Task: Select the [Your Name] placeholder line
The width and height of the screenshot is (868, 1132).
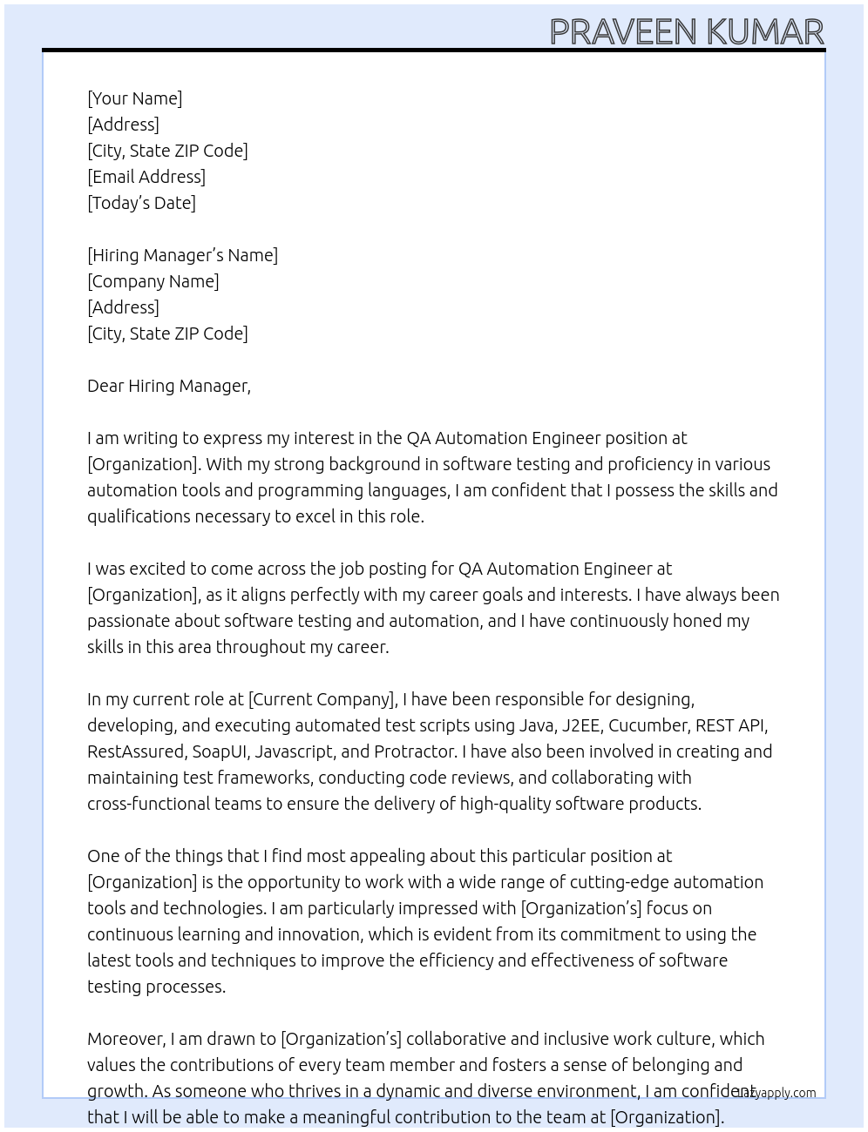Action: [x=135, y=98]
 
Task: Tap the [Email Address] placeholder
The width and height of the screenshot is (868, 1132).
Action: [x=146, y=177]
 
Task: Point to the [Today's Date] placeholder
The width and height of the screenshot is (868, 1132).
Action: [x=141, y=203]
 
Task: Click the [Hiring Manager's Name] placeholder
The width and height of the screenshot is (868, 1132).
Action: [x=182, y=255]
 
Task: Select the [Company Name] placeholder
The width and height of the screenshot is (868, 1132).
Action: [x=153, y=281]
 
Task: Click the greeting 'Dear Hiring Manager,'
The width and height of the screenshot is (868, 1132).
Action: [x=169, y=386]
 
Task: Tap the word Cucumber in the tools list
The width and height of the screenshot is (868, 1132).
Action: [x=648, y=725]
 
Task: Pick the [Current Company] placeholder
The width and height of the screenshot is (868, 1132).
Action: [x=322, y=699]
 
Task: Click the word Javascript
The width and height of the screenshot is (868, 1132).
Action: [x=294, y=751]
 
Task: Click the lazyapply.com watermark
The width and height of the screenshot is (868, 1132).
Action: [x=776, y=1093]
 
